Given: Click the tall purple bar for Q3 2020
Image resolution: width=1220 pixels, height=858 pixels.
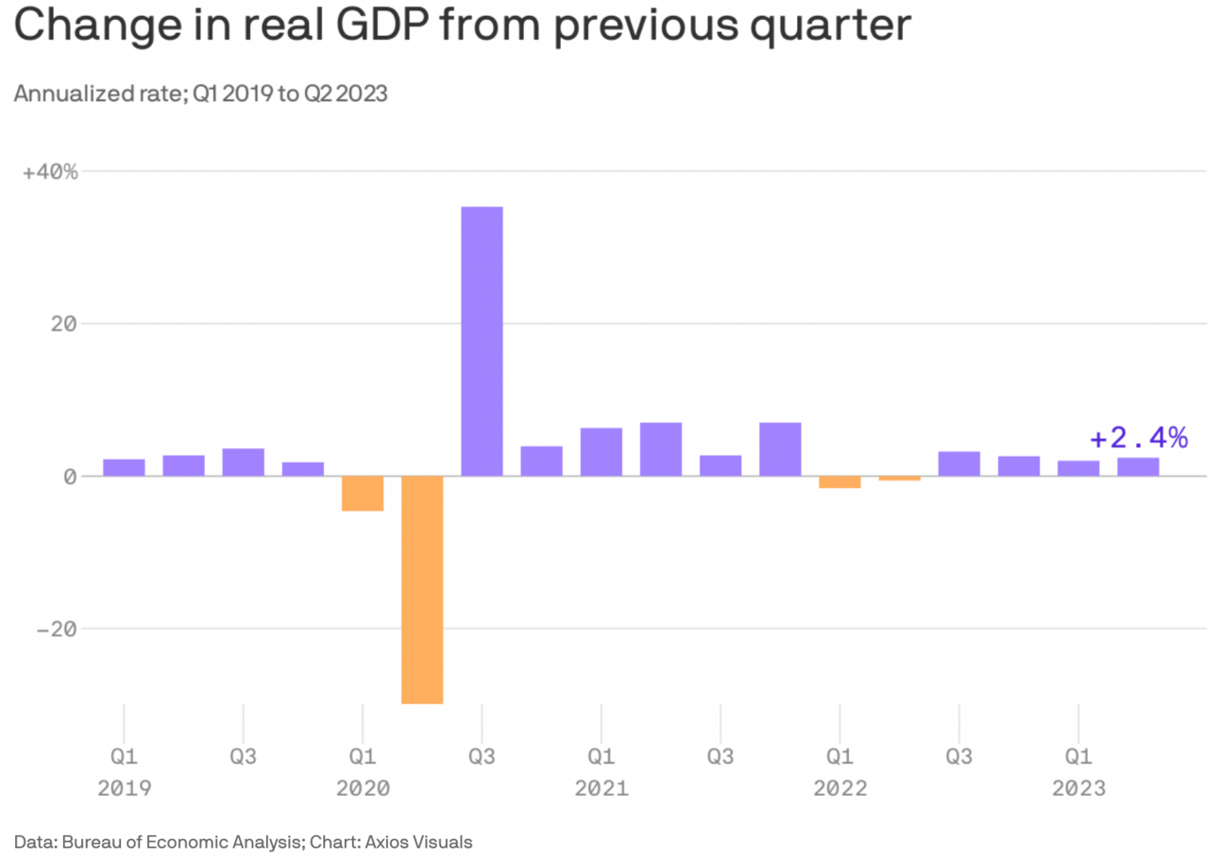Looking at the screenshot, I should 482,341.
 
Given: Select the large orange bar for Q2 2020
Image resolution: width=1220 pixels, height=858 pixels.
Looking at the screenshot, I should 422,589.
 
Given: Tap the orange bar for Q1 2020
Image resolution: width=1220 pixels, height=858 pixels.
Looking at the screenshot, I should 363,493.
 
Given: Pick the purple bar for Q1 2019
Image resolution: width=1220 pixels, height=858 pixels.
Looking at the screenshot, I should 124,467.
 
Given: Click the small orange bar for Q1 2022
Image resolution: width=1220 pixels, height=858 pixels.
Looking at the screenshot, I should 839,481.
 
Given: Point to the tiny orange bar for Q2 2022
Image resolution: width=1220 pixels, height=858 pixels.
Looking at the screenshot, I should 899,479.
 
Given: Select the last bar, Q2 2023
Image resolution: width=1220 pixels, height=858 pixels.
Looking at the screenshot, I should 1138,466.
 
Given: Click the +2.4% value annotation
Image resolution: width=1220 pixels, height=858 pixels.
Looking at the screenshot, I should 1138,438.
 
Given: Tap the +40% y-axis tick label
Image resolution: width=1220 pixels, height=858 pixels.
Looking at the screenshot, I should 51,173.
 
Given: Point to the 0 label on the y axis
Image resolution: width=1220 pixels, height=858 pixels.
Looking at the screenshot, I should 70,477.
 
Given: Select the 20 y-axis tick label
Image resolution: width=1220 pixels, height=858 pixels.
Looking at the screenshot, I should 63,325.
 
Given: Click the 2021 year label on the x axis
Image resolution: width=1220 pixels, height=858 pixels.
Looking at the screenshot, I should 602,788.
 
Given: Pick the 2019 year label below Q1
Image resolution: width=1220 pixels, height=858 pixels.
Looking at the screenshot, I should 124,788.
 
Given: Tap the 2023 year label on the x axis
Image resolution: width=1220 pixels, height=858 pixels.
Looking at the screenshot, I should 1078,788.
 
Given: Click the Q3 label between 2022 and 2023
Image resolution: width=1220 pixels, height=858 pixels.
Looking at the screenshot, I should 959,757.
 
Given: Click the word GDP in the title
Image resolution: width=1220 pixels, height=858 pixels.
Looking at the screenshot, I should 409,27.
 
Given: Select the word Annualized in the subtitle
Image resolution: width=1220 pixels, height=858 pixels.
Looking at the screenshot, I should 72,94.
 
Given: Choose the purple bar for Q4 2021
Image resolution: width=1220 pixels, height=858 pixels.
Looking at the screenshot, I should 780,449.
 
